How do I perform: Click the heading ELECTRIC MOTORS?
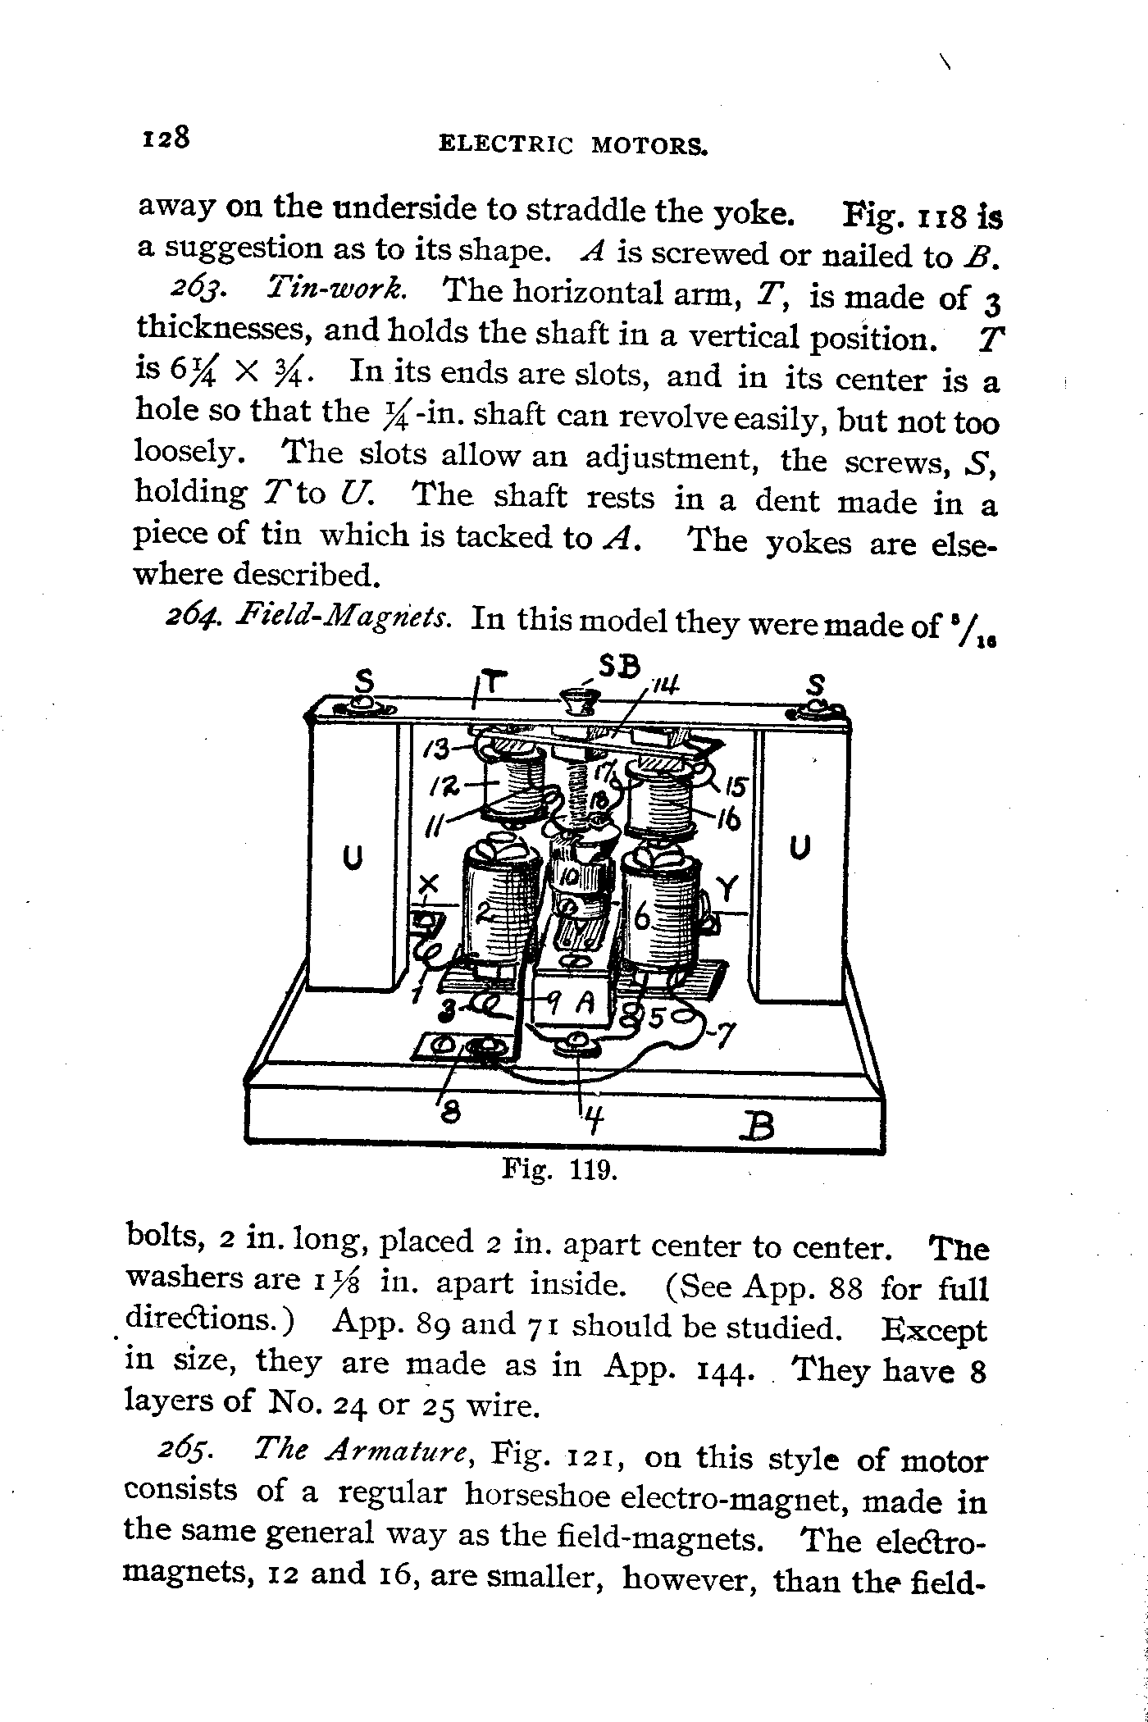(x=573, y=146)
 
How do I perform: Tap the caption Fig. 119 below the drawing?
(x=558, y=1168)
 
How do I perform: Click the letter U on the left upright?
(x=352, y=858)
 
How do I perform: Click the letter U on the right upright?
(x=799, y=847)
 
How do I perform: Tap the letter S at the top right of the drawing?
(x=815, y=685)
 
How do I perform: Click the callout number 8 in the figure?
(x=450, y=1111)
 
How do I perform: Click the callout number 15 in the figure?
(x=736, y=787)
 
